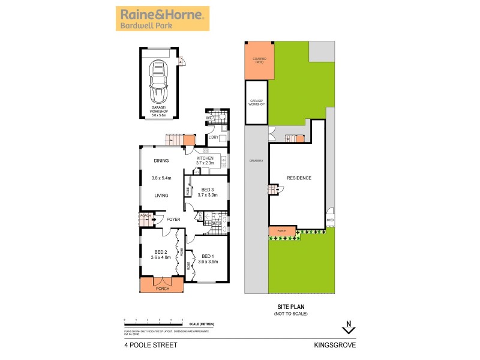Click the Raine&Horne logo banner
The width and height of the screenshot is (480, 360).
tap(162, 19)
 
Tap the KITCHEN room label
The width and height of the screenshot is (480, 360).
tap(205, 158)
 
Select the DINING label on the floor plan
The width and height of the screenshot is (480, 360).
tap(161, 161)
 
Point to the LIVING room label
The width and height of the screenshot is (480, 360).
tap(160, 195)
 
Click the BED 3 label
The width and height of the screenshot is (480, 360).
tap(209, 188)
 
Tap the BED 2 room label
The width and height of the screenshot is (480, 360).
tap(160, 252)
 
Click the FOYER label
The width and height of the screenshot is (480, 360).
tap(174, 219)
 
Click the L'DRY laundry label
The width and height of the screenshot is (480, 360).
tap(212, 137)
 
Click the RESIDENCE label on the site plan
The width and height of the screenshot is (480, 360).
tap(298, 178)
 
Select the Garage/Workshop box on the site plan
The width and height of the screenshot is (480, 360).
tap(257, 103)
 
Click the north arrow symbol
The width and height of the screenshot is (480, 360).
tap(349, 328)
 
